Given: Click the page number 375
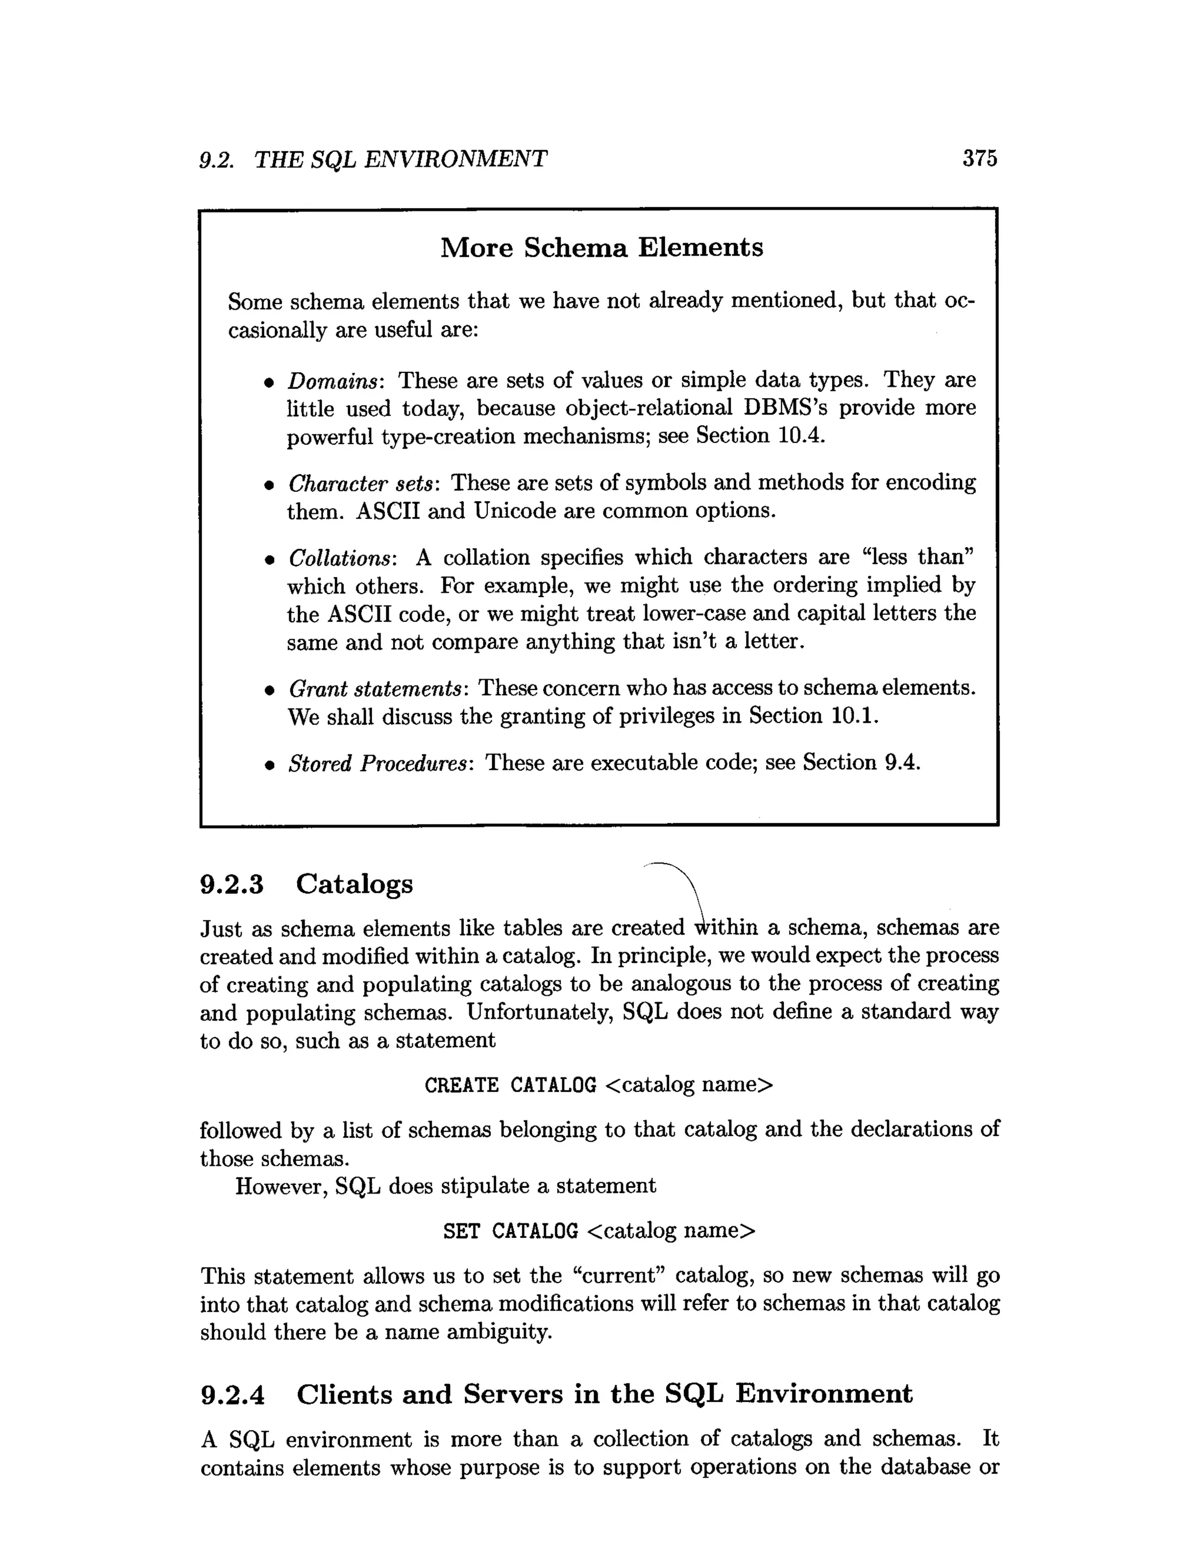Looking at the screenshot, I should tap(980, 159).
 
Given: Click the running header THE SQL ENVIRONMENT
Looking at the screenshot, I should tap(401, 159).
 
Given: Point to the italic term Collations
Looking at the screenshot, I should tap(342, 558).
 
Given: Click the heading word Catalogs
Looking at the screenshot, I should tap(355, 884).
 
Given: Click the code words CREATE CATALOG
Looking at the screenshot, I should tap(510, 1085).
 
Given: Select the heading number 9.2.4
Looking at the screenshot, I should tap(233, 1394).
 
